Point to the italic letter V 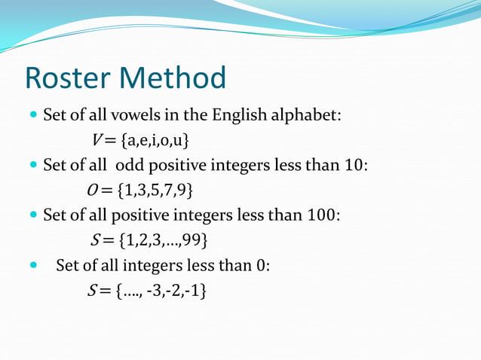click(97, 140)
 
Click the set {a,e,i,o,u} click(155, 140)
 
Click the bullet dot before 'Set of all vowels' click(31, 116)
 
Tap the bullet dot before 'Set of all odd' click(31, 166)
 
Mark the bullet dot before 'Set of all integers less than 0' click(31, 265)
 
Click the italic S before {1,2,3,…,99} click(93, 239)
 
